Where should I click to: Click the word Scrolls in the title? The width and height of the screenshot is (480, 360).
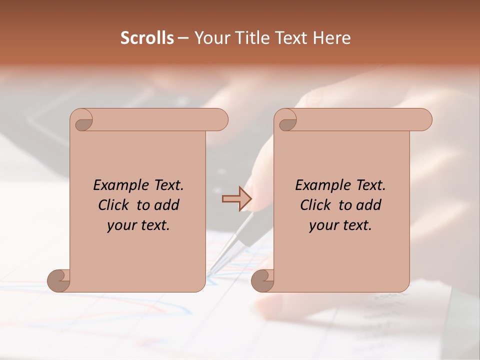tap(147, 38)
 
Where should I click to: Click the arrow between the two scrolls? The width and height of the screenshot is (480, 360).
tap(236, 199)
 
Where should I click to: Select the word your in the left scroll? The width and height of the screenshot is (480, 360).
tap(121, 225)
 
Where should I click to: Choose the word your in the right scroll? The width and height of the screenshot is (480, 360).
tap(323, 225)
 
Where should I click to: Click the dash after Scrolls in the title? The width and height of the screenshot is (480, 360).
tap(183, 38)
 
